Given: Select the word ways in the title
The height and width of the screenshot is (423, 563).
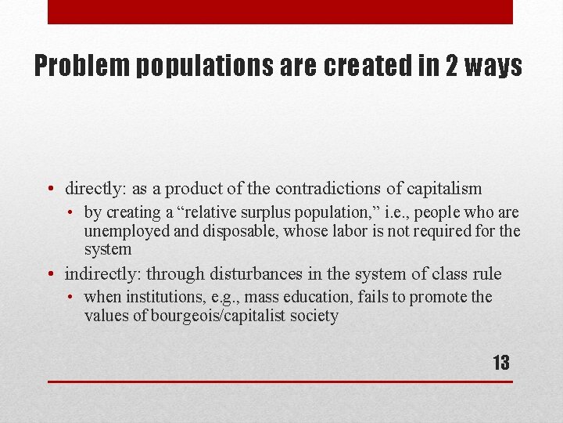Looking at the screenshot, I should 495,67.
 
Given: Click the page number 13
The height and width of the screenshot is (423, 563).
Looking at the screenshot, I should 500,363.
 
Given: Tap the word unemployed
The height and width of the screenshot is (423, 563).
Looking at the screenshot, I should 128,231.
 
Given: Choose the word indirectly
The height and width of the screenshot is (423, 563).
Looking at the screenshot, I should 101,274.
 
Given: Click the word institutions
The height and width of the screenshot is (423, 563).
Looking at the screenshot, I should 158,298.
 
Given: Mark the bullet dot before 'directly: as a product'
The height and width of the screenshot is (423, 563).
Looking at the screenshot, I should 51,190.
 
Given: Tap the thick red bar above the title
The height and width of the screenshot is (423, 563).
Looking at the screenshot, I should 280,12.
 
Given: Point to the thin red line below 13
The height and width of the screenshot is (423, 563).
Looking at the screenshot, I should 280,381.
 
